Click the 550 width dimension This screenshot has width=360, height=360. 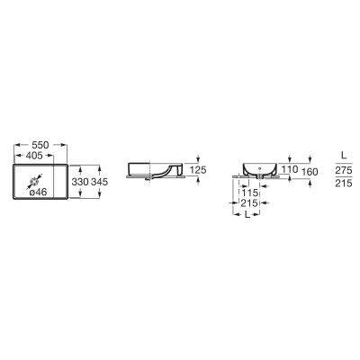pos(40,145)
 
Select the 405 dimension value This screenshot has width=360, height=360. pos(34,156)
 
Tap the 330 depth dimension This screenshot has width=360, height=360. pos(80,182)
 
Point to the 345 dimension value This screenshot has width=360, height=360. pos(99,182)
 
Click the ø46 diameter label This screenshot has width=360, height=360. pos(38,193)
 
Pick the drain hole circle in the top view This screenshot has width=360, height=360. pos(34,182)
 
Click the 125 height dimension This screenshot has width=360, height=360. pos(198,170)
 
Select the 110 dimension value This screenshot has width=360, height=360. pos(290,169)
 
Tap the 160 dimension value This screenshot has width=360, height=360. pos(310,172)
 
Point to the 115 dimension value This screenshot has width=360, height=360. pos(249,193)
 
